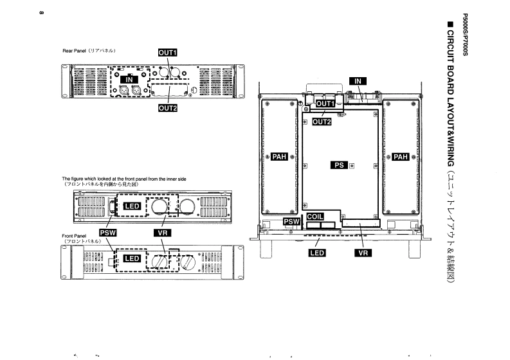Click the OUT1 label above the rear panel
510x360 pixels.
[167, 53]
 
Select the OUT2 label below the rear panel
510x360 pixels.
[168, 108]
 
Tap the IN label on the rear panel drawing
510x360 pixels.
[129, 80]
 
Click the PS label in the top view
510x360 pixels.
[339, 165]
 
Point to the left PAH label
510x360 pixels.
[279, 157]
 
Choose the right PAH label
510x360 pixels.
[401, 157]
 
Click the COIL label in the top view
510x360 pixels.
[315, 217]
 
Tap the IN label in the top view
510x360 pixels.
[358, 81]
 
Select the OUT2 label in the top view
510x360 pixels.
[322, 122]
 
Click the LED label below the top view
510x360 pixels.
[317, 253]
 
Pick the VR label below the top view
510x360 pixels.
[363, 253]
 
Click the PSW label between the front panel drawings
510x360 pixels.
[107, 233]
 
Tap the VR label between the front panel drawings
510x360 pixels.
[162, 233]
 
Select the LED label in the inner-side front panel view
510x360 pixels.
[132, 206]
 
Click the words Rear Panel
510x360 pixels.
[74, 51]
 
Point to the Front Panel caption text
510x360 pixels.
[74, 236]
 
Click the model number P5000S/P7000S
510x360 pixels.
[465, 35]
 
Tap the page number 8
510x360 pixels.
[41, 13]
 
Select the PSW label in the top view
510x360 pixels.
[292, 222]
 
